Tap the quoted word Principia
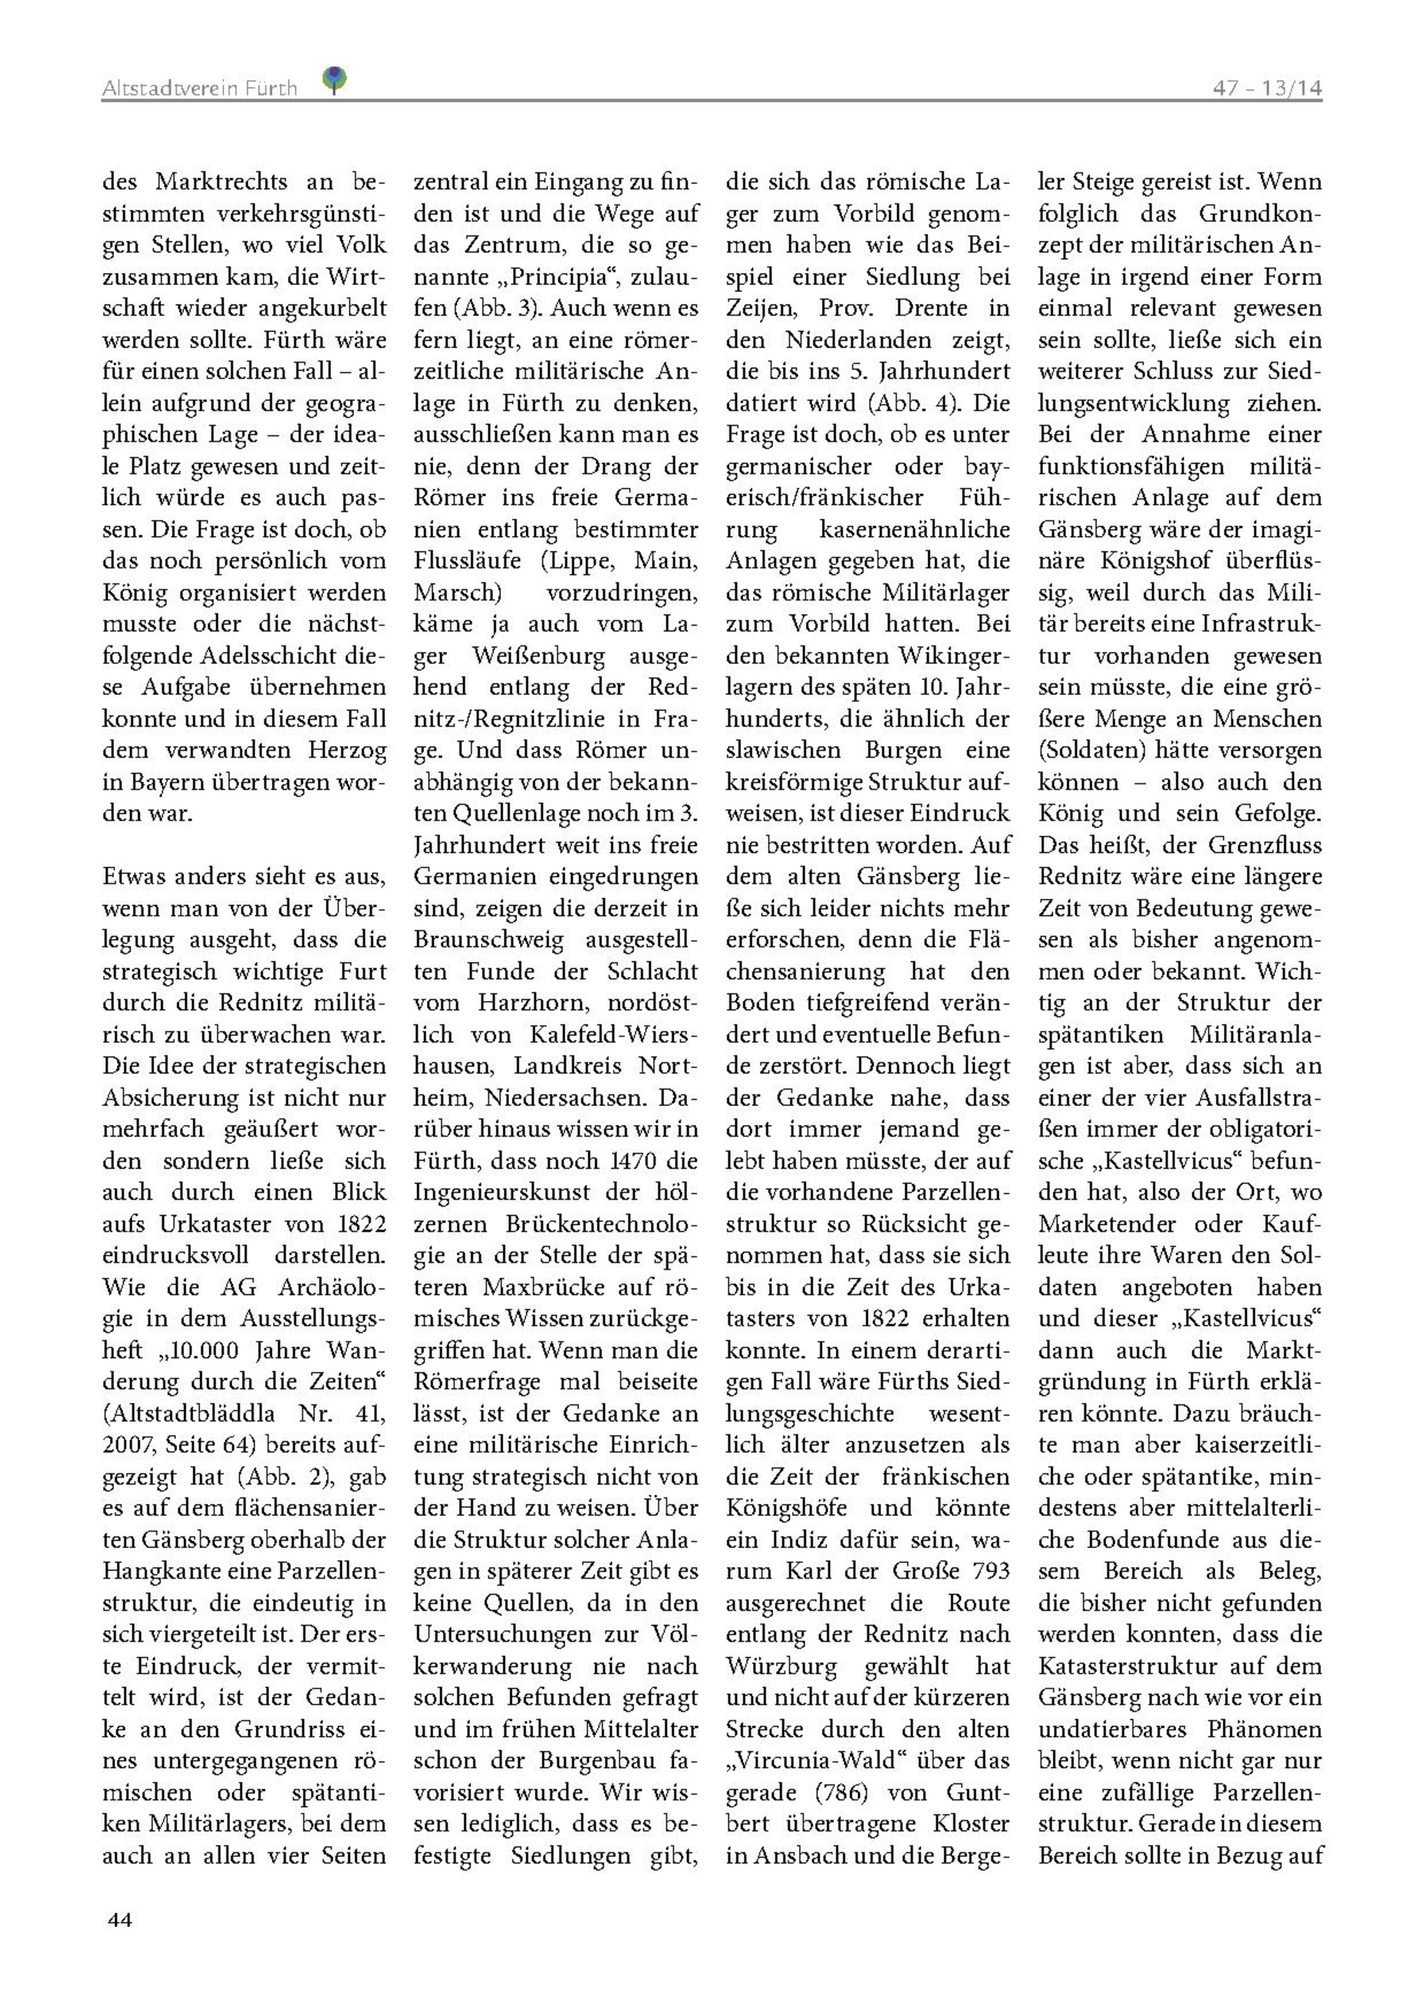pyautogui.click(x=563, y=277)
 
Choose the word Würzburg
pyautogui.click(x=782, y=1666)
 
